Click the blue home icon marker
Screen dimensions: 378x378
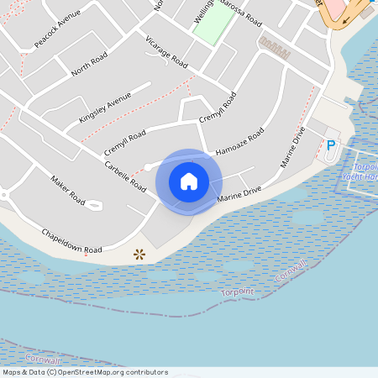pos(189,181)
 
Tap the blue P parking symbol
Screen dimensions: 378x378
pos(330,146)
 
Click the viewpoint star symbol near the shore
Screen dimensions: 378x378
pos(139,253)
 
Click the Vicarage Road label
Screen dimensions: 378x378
pos(166,51)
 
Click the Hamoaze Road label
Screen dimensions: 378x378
pos(239,141)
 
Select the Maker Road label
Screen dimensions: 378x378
pos(67,190)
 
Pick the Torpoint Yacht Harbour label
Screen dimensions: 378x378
pos(360,172)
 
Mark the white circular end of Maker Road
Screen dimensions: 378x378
pos(95,204)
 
